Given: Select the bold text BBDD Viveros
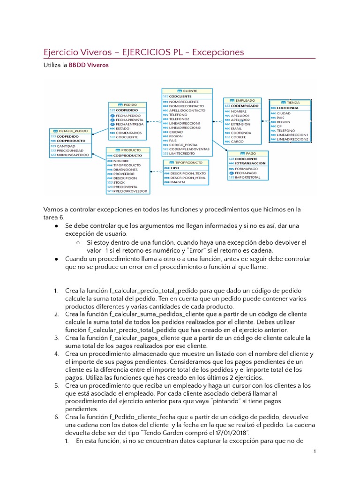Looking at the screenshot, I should tap(89, 65).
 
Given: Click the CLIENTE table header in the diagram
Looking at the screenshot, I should tap(187, 91).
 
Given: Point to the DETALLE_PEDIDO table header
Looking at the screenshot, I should tap(70, 131).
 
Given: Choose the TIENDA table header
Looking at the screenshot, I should tap(290, 102).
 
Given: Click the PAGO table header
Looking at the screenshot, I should tap(248, 153).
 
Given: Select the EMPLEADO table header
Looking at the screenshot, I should tap(242, 100).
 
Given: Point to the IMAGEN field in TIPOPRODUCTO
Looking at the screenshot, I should tap(177, 182).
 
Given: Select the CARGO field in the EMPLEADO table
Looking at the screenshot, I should tap(237, 141).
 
